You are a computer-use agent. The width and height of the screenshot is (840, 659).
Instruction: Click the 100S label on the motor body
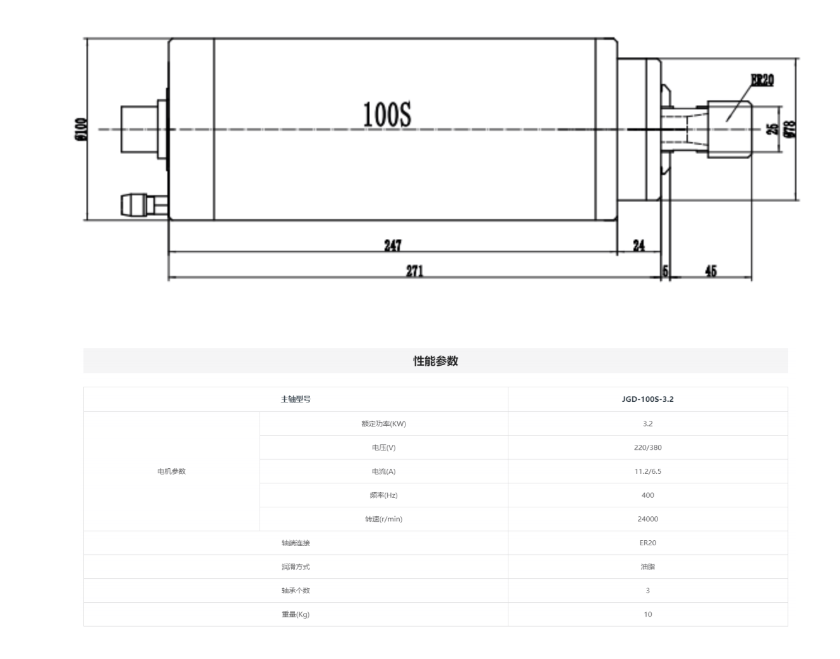[x=387, y=115]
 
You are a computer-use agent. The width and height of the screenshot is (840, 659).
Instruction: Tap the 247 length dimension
[x=392, y=245]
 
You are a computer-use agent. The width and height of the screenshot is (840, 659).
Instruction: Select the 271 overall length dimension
[x=414, y=271]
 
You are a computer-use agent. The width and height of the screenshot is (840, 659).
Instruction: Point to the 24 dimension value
[x=639, y=245]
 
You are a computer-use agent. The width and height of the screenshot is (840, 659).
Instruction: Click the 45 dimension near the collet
[x=711, y=271]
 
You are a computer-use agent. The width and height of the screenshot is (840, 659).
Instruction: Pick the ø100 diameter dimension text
[x=80, y=129]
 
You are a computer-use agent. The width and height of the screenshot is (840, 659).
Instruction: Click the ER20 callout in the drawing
[x=762, y=80]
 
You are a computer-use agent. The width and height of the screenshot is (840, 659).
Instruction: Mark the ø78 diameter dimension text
[x=790, y=129]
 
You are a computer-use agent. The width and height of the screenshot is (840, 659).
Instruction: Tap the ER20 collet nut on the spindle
[x=729, y=129]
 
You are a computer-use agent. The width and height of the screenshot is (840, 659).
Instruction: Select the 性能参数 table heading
[x=435, y=361]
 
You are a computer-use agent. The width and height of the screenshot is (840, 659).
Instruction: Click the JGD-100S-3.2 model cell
[x=647, y=399]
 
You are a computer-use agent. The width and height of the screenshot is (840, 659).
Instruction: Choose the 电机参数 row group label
[x=171, y=471]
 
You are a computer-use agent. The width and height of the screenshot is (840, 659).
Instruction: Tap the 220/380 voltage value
[x=647, y=447]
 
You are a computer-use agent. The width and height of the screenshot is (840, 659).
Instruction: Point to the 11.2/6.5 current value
[x=647, y=471]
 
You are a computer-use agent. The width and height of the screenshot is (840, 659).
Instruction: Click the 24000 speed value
[x=647, y=519]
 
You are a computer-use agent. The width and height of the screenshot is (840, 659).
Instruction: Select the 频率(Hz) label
[x=383, y=495]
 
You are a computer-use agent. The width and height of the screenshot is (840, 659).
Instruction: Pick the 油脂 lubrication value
[x=647, y=567]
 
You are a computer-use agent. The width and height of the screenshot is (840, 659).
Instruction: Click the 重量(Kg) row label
[x=296, y=614]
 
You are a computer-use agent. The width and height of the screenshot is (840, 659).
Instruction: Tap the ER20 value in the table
[x=647, y=543]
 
